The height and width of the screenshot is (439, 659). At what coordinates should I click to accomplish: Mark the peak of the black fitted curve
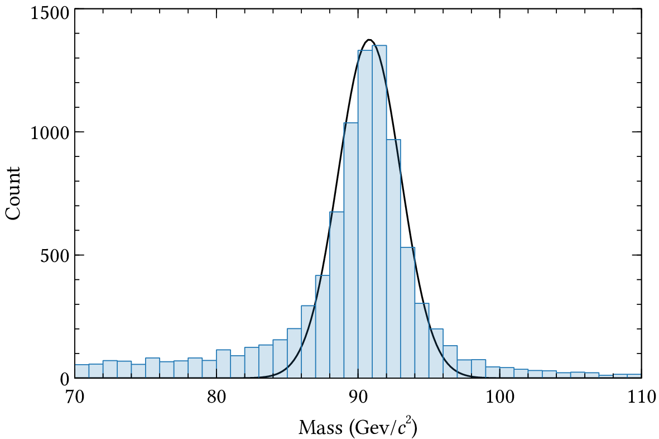point(369,40)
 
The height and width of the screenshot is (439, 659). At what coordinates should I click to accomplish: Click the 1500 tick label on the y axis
point(49,12)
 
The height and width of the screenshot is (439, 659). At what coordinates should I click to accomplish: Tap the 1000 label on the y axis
point(49,133)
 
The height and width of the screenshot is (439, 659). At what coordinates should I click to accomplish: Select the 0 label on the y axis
point(64,379)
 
